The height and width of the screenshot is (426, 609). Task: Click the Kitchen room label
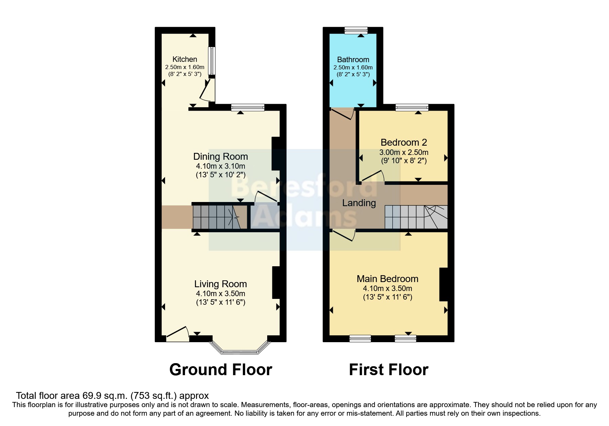coord(185,59)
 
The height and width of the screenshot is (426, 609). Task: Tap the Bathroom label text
coord(353,59)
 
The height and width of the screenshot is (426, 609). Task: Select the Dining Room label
coord(220,157)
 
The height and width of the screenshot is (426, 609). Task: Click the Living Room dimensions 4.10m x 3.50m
coord(220,294)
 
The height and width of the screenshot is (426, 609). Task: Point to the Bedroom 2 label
coord(404,142)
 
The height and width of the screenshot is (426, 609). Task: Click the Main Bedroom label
coord(388,279)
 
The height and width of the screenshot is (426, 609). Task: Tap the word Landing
coord(359,203)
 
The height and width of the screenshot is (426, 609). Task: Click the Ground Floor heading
coord(220,370)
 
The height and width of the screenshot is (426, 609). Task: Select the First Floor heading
coord(389,370)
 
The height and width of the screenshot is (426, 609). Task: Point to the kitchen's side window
coord(212,60)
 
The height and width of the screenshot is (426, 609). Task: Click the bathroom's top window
coord(356,31)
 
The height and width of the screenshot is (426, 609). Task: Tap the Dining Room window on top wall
coord(248,108)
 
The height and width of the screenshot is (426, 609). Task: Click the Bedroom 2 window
coord(412,108)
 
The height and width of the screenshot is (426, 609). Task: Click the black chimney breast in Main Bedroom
coord(443,284)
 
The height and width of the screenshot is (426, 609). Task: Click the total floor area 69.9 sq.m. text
coord(112,395)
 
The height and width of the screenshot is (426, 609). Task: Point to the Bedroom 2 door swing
coord(373,176)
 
